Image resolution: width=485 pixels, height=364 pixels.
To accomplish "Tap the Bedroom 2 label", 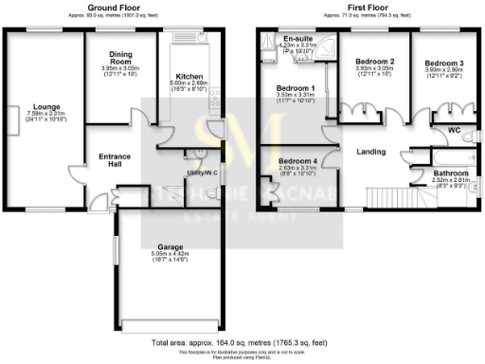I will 372,62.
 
